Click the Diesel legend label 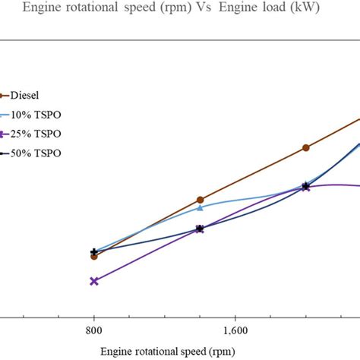tap(26, 96)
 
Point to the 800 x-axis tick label tap(94, 330)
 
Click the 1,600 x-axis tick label tap(235, 330)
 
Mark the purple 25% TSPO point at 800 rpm tap(94, 281)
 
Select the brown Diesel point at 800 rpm tap(94, 257)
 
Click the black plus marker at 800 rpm tap(94, 251)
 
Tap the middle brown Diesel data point tap(200, 200)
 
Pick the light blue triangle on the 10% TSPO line tap(200, 207)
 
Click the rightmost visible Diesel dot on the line tap(305, 148)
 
